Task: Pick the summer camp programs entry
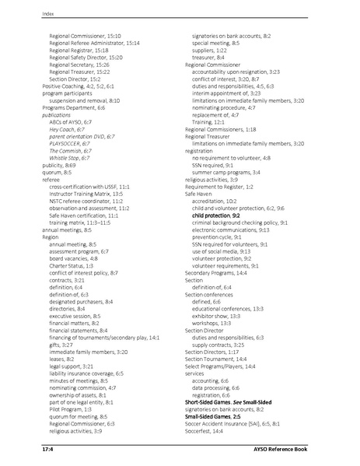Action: [x=226, y=172]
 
